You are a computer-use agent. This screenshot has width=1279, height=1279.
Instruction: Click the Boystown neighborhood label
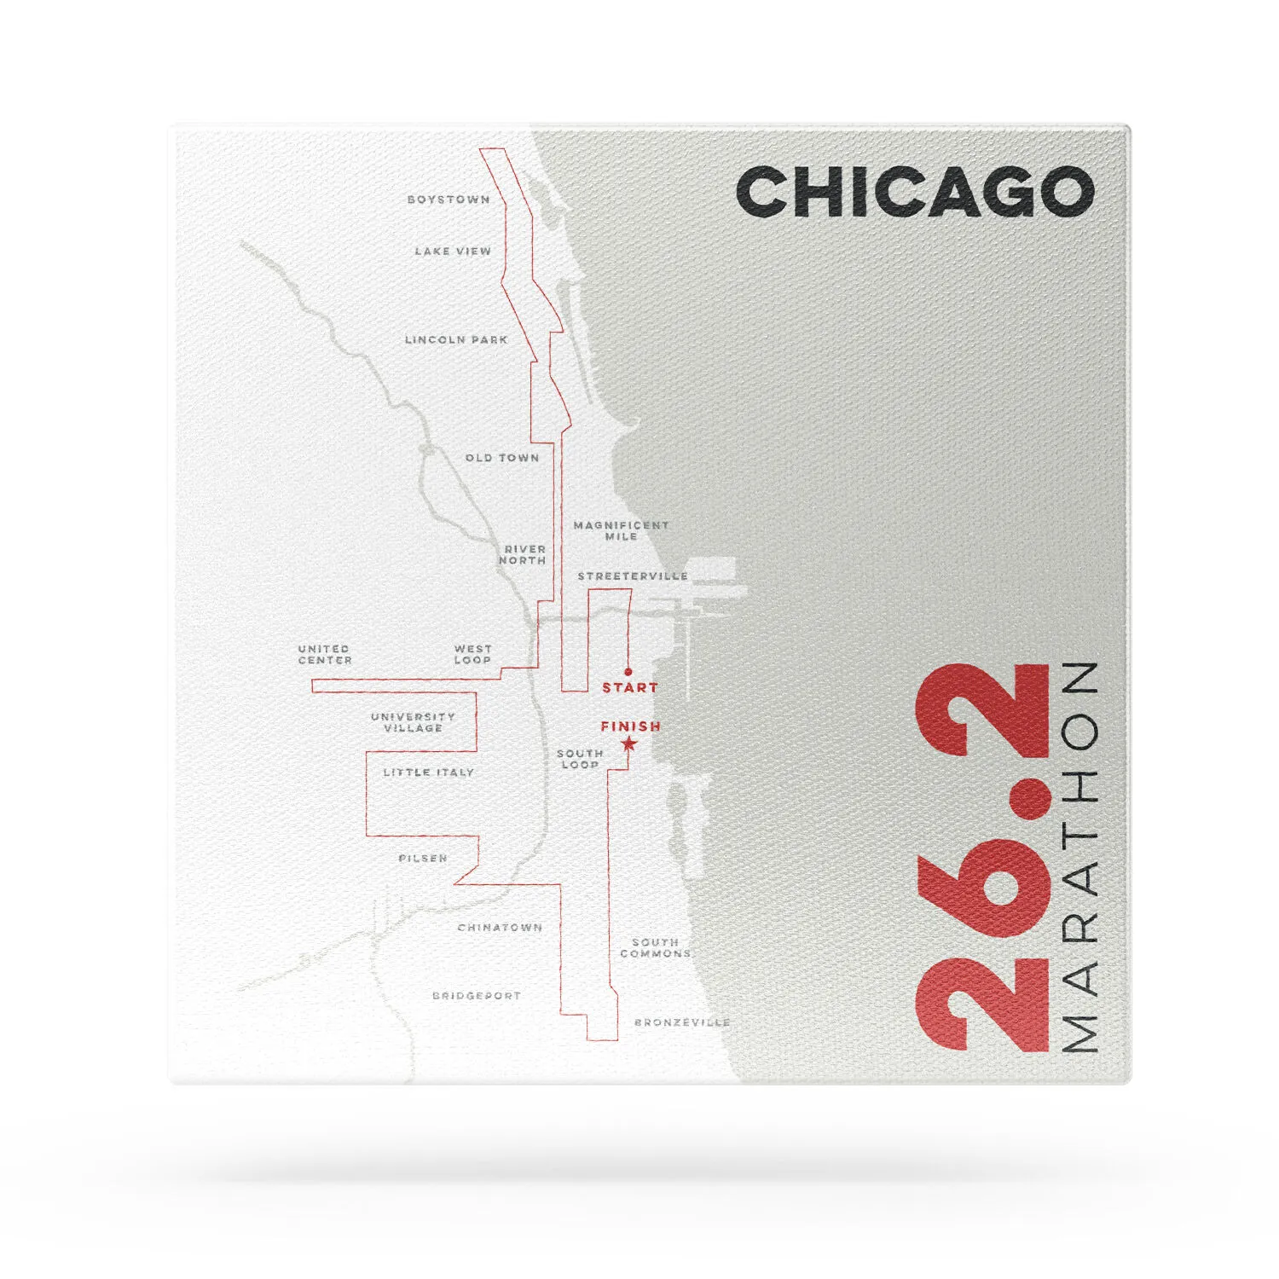point(449,200)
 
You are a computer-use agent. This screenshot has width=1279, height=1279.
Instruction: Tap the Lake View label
point(453,252)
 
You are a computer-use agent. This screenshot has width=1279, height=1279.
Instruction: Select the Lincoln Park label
point(456,339)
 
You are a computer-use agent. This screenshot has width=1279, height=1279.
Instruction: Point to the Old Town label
point(502,458)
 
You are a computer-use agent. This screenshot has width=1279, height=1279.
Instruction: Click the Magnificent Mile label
point(621,530)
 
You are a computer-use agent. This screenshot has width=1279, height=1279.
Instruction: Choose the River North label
point(523,555)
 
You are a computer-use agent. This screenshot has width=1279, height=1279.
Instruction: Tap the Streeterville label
point(633,576)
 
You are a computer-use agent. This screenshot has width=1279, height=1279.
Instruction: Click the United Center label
point(325,654)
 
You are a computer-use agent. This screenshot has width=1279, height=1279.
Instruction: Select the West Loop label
point(472,654)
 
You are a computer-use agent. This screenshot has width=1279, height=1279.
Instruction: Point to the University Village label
point(413,722)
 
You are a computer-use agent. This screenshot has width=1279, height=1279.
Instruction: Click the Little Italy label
point(428,773)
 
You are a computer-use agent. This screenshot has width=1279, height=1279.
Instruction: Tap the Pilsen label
point(423,859)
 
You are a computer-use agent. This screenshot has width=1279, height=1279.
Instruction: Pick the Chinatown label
point(500,928)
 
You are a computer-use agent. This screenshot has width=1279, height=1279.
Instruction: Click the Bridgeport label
point(476,996)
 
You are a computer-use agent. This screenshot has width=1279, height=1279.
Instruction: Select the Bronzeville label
point(682,1022)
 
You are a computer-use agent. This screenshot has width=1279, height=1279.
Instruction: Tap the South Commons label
point(655,948)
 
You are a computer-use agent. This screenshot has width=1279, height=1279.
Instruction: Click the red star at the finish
point(629,744)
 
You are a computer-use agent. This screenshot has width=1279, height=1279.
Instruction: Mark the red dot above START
point(628,672)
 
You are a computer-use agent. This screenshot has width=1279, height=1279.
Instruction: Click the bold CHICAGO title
point(915,192)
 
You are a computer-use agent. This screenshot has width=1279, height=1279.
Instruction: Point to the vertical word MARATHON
point(1079,856)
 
